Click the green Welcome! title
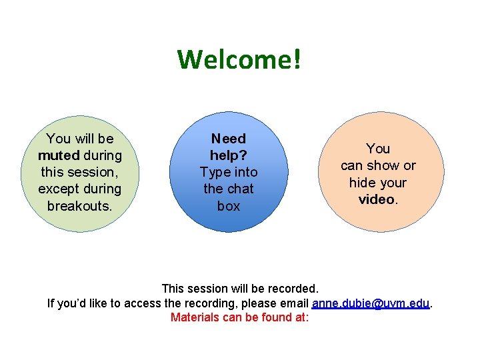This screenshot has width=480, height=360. click(239, 59)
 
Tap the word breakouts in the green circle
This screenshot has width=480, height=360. click(80, 205)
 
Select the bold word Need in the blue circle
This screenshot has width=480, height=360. click(229, 139)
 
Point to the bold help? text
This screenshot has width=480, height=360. click(229, 155)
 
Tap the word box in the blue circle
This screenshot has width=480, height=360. click(229, 206)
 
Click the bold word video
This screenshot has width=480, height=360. click(377, 199)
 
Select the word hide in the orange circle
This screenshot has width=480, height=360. click(364, 183)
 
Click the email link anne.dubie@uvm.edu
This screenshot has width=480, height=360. click(371, 303)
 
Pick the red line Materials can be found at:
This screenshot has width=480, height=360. click(239, 317)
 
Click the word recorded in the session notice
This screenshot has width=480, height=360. click(292, 289)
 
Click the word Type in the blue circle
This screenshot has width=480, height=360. click(215, 172)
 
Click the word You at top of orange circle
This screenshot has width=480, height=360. click(378, 149)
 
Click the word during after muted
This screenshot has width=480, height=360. click(103, 155)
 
